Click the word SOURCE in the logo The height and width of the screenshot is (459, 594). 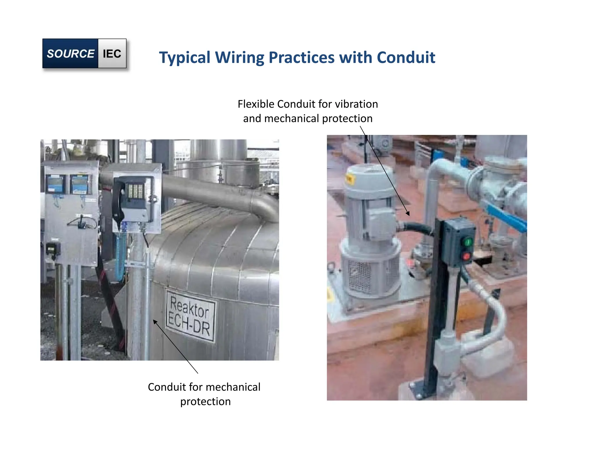(70, 54)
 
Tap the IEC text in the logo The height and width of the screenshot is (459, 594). (112, 54)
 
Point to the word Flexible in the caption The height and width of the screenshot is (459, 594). (256, 104)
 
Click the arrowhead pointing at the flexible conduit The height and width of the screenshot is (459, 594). (408, 214)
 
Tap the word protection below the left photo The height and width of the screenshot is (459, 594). (205, 402)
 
